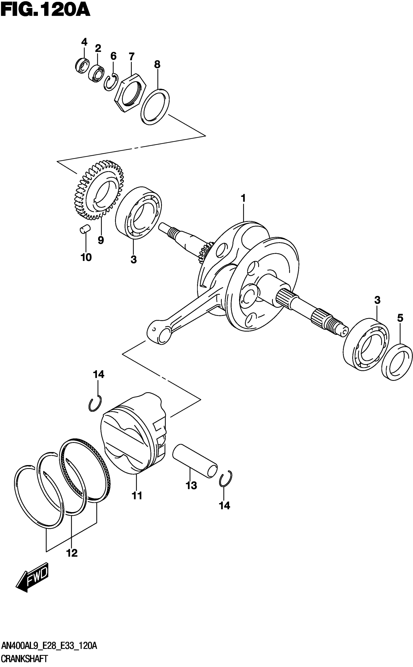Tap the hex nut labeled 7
click(129, 92)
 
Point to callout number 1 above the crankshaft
click(243, 198)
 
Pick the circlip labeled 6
click(111, 82)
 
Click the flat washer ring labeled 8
click(155, 107)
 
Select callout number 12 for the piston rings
click(72, 553)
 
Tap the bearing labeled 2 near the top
click(96, 73)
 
